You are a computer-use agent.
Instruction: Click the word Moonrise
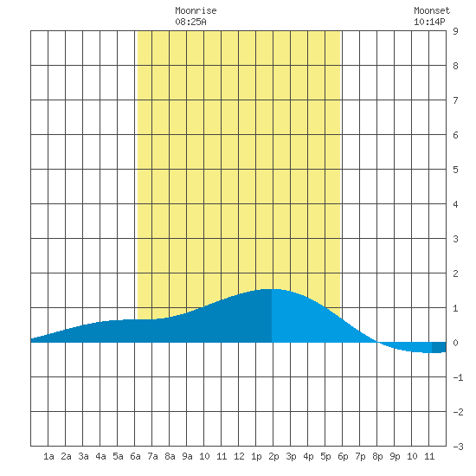pyautogui.click(x=196, y=10)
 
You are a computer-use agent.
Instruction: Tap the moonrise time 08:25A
pyautogui.click(x=190, y=22)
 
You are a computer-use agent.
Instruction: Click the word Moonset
pyautogui.click(x=432, y=10)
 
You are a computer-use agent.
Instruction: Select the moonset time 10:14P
pyautogui.click(x=429, y=22)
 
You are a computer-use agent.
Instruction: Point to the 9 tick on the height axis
pyautogui.click(x=455, y=31)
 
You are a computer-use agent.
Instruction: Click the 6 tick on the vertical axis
pyautogui.click(x=455, y=135)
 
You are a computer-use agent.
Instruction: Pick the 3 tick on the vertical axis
pyautogui.click(x=455, y=239)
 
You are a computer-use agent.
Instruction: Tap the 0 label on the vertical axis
pyautogui.click(x=455, y=343)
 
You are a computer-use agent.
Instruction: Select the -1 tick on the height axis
pyautogui.click(x=458, y=377)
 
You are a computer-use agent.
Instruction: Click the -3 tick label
pyautogui.click(x=458, y=447)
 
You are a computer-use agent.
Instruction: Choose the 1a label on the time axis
pyautogui.click(x=48, y=456)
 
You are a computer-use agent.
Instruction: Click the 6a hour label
pyautogui.click(x=135, y=456)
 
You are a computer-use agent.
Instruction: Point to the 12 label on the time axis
pyautogui.click(x=239, y=456)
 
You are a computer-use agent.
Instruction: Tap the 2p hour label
pyautogui.click(x=273, y=456)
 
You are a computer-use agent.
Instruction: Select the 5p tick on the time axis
pyautogui.click(x=325, y=456)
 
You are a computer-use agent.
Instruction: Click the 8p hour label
pyautogui.click(x=377, y=456)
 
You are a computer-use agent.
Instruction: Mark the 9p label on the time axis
pyautogui.click(x=395, y=456)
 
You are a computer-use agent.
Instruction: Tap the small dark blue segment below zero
pyautogui.click(x=439, y=347)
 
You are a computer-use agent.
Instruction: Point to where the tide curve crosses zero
pyautogui.click(x=377, y=343)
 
